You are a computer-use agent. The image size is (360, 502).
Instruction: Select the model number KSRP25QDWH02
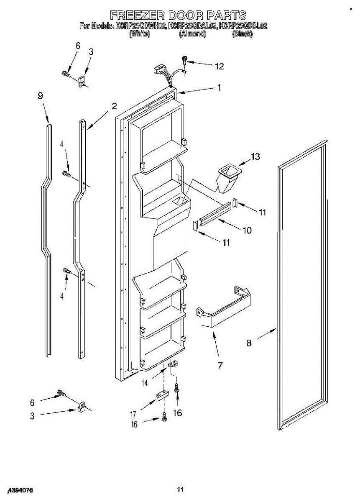click(141, 26)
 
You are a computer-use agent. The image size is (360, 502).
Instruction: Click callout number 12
click(219, 66)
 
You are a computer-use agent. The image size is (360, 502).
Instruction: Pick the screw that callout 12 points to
click(184, 61)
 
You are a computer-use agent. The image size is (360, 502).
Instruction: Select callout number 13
click(255, 157)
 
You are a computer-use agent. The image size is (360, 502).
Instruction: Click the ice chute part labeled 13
click(228, 178)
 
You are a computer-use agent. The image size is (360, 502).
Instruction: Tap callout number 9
click(40, 96)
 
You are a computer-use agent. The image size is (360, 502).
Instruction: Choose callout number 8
click(249, 343)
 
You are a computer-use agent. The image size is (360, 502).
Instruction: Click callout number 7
click(220, 365)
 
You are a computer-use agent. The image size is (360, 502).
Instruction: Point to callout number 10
click(247, 230)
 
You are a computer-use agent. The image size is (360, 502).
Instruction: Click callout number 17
click(133, 415)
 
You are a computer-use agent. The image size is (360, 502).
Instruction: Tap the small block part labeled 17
click(161, 395)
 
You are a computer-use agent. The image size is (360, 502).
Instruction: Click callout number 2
click(114, 106)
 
